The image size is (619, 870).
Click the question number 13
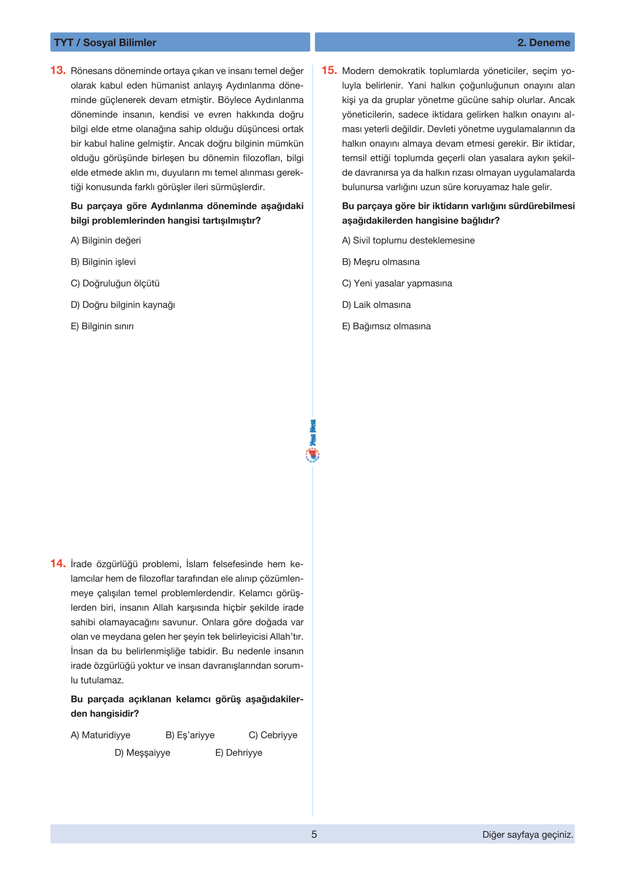[x=58, y=70]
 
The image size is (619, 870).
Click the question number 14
[x=58, y=564]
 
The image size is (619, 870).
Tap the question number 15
[x=329, y=70]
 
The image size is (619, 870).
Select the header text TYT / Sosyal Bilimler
[x=105, y=43]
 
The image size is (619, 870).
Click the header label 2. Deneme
[x=544, y=43]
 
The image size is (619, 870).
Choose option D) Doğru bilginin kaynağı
[x=123, y=305]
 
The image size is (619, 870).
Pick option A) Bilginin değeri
[x=106, y=240]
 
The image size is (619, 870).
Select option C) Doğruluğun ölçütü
[x=115, y=284]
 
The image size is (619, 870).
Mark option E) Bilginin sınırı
[x=102, y=326]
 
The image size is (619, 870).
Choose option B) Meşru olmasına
[x=381, y=262]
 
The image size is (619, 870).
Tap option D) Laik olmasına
[x=376, y=305]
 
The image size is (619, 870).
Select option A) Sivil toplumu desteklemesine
[x=408, y=240]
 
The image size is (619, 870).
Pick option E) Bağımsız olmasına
[x=386, y=326]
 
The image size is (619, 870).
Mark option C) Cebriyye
[x=273, y=735]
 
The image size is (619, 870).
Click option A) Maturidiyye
[x=100, y=735]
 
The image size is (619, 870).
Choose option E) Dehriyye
[x=239, y=753]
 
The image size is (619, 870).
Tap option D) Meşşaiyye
[x=143, y=753]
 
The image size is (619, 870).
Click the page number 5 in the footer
[x=314, y=835]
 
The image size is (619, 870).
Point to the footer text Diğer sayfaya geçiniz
[x=527, y=835]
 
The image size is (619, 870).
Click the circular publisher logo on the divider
[x=313, y=455]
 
